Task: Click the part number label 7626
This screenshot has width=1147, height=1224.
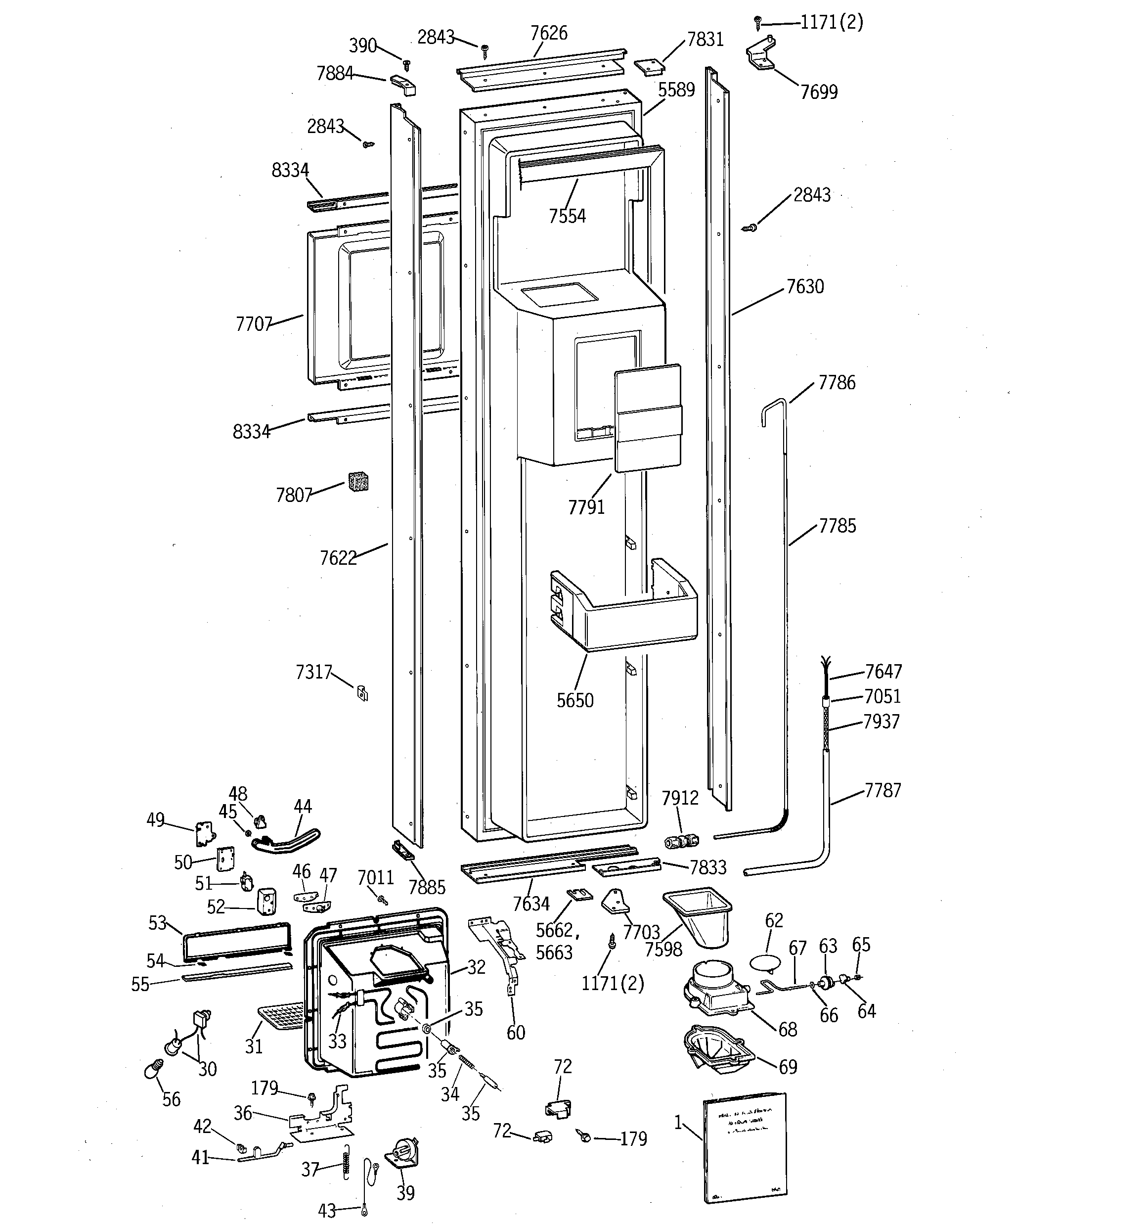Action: pyautogui.click(x=549, y=33)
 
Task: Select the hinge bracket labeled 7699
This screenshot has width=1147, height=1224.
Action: pyautogui.click(x=763, y=55)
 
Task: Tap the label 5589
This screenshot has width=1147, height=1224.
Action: pyautogui.click(x=676, y=90)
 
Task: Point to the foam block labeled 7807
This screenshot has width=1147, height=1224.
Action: pyautogui.click(x=358, y=482)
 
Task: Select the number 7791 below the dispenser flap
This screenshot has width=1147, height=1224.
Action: pyautogui.click(x=586, y=507)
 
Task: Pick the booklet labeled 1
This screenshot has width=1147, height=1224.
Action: pyautogui.click(x=746, y=1146)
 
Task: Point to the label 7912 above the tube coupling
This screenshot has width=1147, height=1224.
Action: pyautogui.click(x=680, y=798)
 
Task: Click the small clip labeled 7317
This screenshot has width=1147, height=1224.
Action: pyautogui.click(x=362, y=693)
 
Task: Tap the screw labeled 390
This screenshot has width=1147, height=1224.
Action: pyautogui.click(x=406, y=63)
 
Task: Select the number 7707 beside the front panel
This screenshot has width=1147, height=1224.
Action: pyautogui.click(x=254, y=324)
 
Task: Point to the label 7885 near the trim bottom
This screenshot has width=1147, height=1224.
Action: pyautogui.click(x=427, y=887)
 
